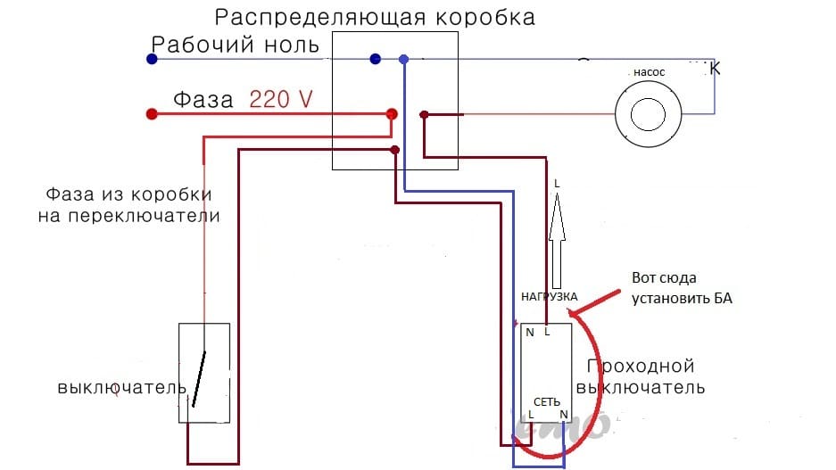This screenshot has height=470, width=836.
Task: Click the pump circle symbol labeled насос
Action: click(649, 114)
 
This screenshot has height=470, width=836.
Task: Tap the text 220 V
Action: click(281, 99)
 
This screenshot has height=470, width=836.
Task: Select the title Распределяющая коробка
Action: click(376, 17)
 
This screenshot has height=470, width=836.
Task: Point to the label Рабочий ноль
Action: click(236, 45)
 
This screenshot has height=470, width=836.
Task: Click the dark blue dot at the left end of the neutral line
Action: click(152, 59)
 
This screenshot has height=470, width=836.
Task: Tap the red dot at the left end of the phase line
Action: click(152, 114)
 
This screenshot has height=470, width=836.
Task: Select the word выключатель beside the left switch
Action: click(122, 388)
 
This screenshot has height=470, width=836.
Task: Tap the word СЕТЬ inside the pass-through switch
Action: click(546, 401)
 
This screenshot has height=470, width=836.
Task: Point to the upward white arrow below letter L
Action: click(559, 237)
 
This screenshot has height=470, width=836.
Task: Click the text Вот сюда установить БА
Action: click(681, 288)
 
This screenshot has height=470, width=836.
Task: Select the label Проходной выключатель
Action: click(641, 377)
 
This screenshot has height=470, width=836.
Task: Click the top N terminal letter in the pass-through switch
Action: click(530, 333)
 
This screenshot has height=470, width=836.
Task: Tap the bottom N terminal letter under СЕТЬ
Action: click(563, 415)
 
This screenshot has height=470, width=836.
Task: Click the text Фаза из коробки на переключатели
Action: click(129, 205)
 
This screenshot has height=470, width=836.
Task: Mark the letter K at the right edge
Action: click(714, 68)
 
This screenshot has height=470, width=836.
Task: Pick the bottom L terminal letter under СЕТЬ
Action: click(531, 415)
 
